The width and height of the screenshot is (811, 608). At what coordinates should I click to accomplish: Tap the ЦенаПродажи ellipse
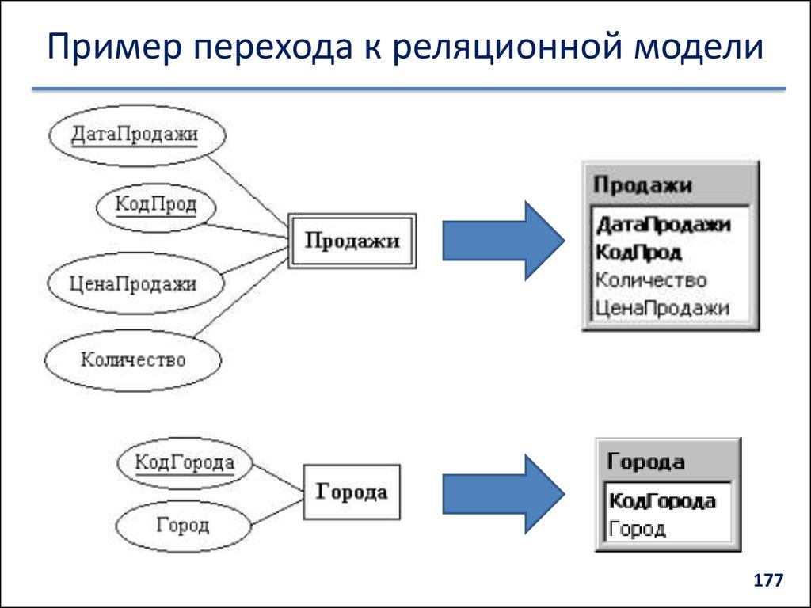(x=134, y=283)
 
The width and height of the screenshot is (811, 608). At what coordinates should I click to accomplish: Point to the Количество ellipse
(x=133, y=360)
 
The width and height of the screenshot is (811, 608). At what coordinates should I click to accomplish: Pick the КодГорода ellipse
(x=184, y=462)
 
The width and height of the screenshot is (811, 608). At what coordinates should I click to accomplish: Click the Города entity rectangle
(x=352, y=492)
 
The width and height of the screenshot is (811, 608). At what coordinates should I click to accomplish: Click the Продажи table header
(x=642, y=185)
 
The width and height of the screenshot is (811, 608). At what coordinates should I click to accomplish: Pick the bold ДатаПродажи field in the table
(x=663, y=225)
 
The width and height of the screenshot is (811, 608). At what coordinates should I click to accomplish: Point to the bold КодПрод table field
(x=639, y=253)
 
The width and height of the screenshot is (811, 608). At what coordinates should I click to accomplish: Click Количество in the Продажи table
(x=650, y=280)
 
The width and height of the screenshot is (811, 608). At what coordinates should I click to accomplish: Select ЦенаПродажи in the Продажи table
(x=661, y=307)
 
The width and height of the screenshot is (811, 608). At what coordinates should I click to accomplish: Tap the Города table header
(x=645, y=462)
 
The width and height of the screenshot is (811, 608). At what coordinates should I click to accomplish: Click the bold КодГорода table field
(x=663, y=501)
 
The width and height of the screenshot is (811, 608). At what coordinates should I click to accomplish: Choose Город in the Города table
(x=638, y=528)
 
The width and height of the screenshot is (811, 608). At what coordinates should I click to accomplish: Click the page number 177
(x=767, y=581)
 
